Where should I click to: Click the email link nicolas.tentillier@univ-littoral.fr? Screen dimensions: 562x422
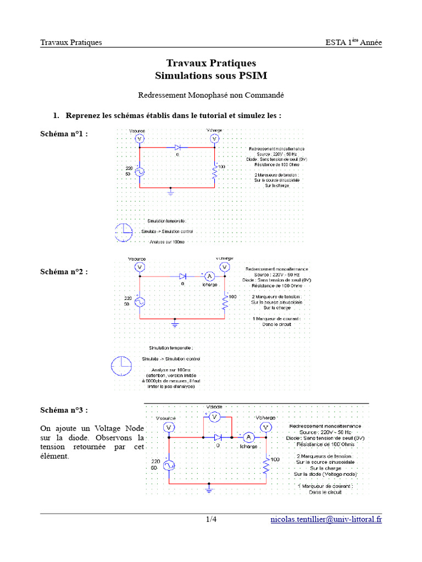326,519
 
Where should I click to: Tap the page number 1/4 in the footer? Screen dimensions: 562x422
212,519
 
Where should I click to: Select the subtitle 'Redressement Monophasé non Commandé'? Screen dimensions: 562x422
211,95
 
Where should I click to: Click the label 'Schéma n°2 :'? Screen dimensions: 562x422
64,272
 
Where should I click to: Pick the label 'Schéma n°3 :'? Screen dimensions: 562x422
64,410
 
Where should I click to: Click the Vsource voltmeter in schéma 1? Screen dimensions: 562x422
138,139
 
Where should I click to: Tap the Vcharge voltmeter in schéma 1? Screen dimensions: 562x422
215,139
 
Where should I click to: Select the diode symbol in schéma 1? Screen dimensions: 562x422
177,147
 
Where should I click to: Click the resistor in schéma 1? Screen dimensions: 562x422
215,173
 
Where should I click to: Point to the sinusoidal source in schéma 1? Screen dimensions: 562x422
138,171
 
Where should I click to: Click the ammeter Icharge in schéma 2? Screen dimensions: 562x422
209,277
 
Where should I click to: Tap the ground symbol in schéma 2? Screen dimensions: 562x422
175,323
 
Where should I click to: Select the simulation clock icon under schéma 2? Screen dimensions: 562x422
120,364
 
